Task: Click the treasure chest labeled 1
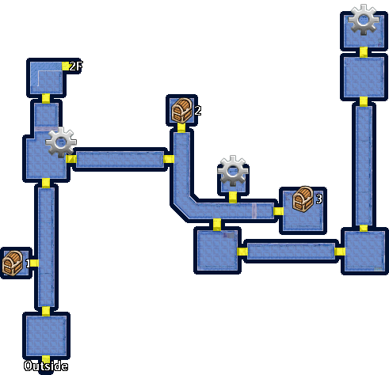tap(13, 263)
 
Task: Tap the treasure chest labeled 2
tap(181, 110)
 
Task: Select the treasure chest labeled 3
tap(303, 199)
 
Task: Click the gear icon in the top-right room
tap(364, 20)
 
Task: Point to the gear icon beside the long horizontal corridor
tap(61, 142)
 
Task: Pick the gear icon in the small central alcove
tap(233, 171)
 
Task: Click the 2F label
tap(76, 66)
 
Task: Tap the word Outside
tap(46, 366)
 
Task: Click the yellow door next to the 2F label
tap(66, 66)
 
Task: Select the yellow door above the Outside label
tap(46, 359)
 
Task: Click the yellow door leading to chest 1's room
tap(34, 263)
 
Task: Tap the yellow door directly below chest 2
tap(181, 127)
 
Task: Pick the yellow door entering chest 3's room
tap(278, 211)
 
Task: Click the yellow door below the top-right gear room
tap(364, 52)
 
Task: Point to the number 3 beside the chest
tap(319, 199)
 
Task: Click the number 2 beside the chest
tap(198, 110)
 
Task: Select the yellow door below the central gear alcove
tap(233, 197)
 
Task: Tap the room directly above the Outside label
tap(46, 335)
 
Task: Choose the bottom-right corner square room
tap(364, 251)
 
